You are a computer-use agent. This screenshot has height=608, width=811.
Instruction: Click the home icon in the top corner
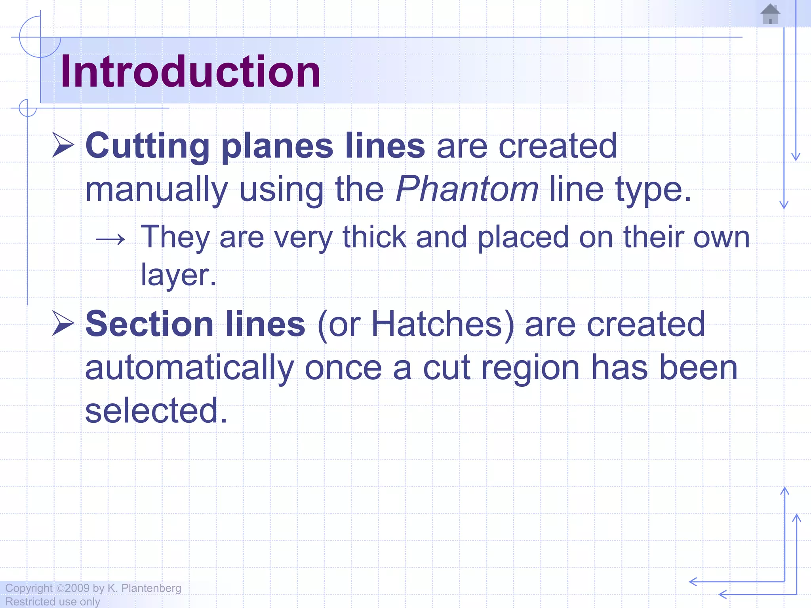tap(770, 14)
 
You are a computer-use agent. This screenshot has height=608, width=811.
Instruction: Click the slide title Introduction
tap(190, 72)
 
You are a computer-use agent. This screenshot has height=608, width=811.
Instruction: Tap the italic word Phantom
tap(467, 189)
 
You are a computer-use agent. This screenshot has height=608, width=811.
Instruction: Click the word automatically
tap(189, 368)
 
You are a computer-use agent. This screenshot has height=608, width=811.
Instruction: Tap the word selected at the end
tap(156, 410)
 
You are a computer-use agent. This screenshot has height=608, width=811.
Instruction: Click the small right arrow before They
tap(110, 239)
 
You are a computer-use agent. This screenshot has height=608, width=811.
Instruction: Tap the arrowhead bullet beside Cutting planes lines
tap(63, 145)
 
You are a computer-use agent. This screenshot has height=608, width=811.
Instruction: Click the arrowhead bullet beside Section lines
tap(63, 323)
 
